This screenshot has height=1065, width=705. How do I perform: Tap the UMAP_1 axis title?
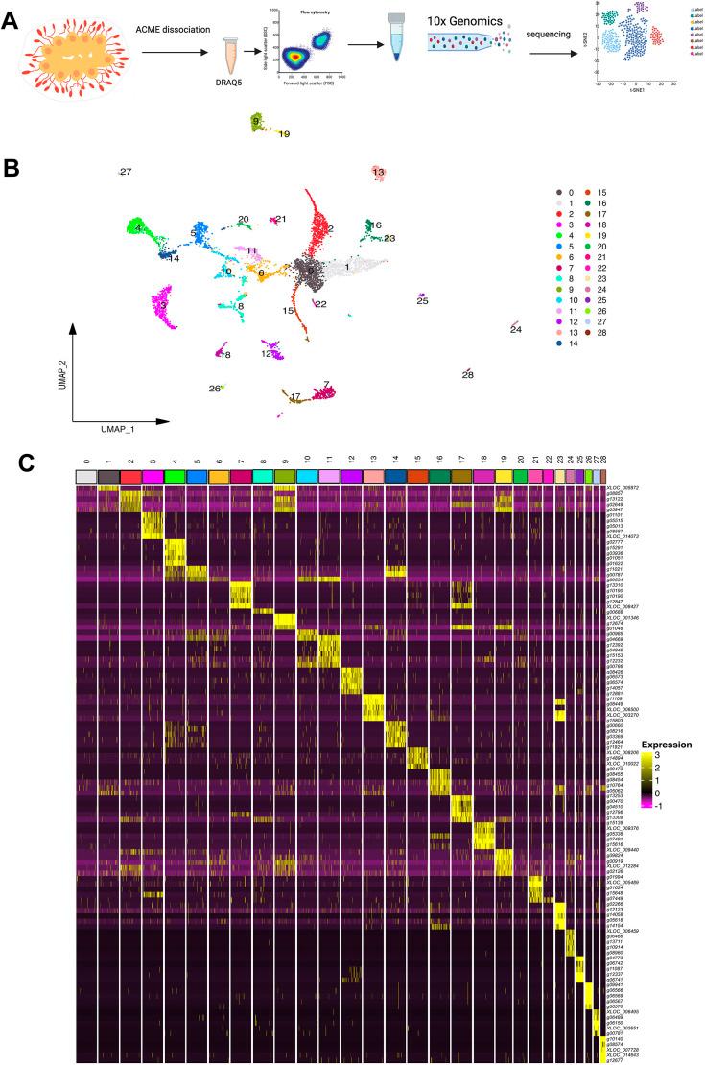(x=113, y=430)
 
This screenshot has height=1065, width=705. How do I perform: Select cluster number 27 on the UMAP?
(x=125, y=172)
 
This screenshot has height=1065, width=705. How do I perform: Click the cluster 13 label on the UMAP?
(x=379, y=173)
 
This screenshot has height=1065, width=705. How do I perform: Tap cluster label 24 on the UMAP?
(x=516, y=330)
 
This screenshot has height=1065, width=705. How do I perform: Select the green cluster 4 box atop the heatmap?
(x=175, y=477)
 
